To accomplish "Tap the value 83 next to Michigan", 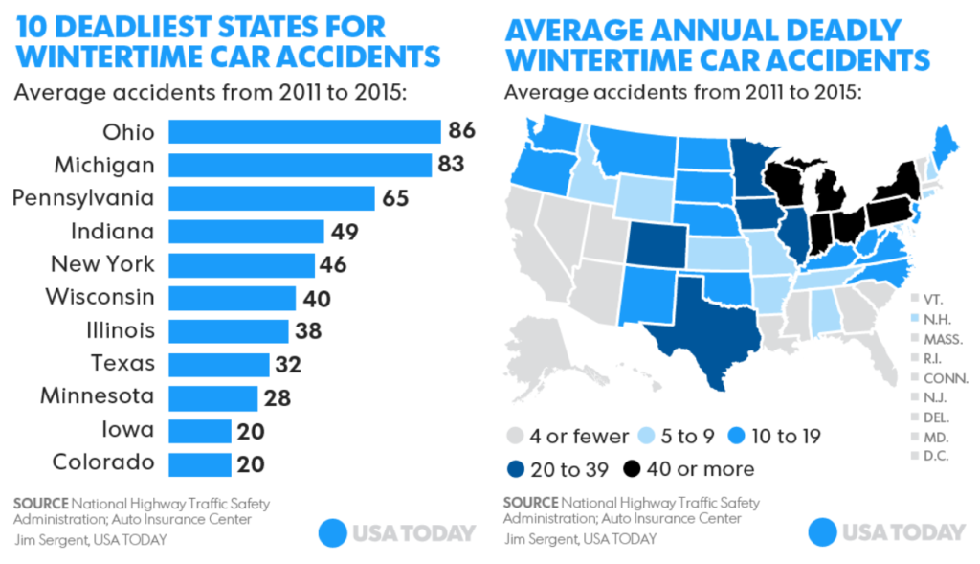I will (x=452, y=165).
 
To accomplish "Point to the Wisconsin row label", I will (x=100, y=297).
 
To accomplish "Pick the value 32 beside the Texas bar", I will (x=288, y=364).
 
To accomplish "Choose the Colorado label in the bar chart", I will (x=102, y=462).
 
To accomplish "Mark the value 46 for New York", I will (x=333, y=264).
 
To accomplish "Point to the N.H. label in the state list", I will (x=938, y=318).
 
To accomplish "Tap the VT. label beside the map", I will (x=934, y=299).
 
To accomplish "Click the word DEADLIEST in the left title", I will (x=129, y=25).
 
